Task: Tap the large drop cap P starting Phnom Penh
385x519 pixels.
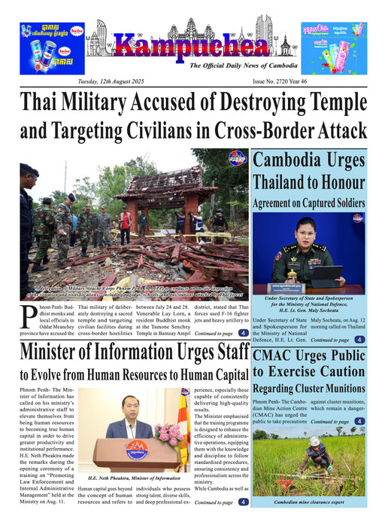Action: point(28,321)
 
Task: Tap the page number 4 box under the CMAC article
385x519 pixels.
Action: point(359,422)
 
